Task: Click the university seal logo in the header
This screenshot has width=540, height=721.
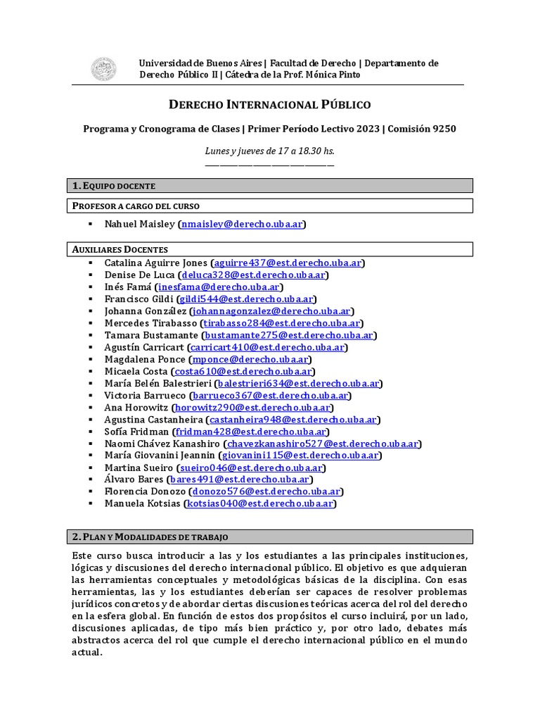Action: (104, 69)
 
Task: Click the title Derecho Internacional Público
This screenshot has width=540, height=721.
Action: (270, 105)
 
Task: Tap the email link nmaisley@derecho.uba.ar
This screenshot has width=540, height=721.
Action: (242, 224)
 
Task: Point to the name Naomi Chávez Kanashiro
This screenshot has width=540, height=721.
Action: (162, 444)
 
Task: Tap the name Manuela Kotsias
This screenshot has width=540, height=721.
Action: (143, 503)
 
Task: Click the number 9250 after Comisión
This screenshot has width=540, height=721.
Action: (443, 129)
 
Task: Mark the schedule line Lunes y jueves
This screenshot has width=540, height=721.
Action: (270, 151)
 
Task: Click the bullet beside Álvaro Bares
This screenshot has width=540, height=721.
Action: (91, 479)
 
